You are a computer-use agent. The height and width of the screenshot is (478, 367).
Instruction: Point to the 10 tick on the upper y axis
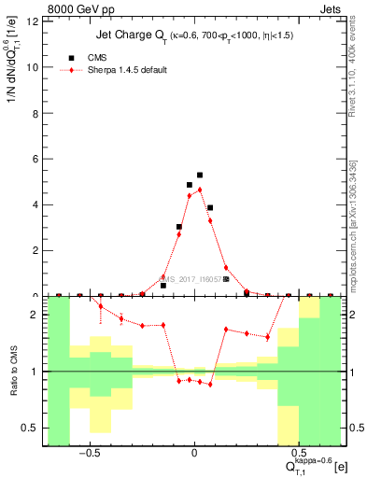pos(35,67)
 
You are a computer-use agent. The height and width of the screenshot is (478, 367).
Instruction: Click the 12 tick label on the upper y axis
pos(35,21)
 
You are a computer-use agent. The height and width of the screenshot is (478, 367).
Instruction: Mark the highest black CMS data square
pos(200,175)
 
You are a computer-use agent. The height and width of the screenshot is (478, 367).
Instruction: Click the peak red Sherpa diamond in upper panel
pos(200,190)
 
